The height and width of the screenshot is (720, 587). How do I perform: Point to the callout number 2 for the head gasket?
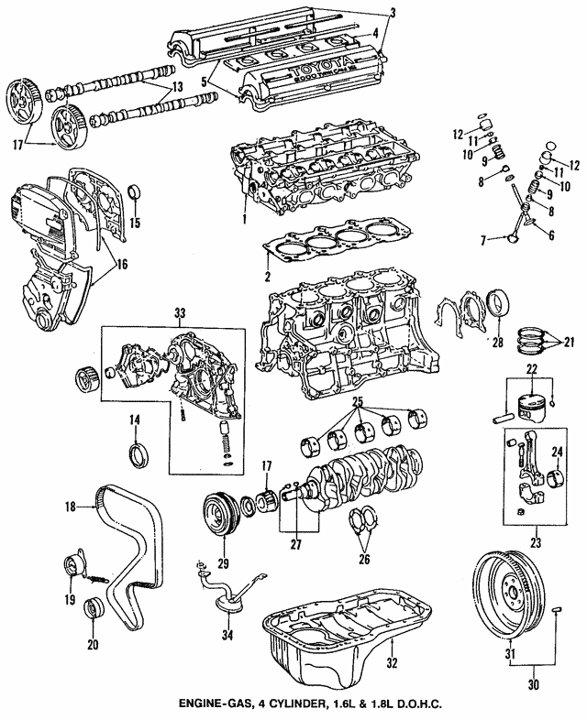point(265,277)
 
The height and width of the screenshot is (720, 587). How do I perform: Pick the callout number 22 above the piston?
point(530,369)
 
